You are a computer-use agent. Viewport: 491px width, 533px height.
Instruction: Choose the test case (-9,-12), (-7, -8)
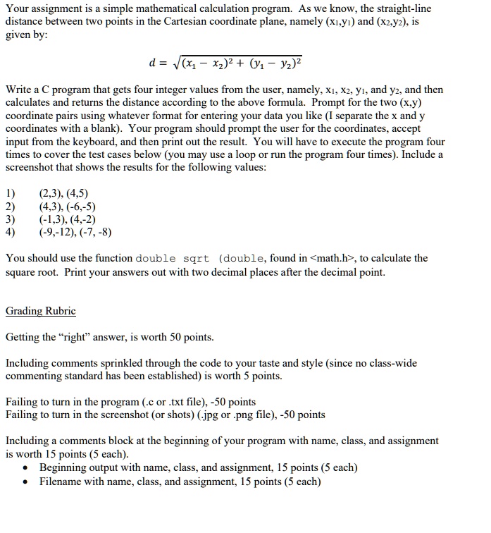[75, 232]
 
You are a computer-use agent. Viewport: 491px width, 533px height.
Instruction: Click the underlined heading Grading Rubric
[40, 311]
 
